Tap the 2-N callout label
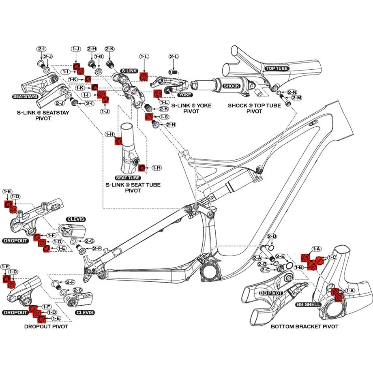[x=292, y=92]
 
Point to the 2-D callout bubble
[x=272, y=236]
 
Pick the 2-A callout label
[x=257, y=258]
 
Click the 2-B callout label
[x=262, y=264]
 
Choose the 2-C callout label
[x=266, y=270]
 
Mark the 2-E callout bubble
[x=281, y=256]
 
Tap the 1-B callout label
[x=299, y=268]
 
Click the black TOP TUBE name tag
[x=277, y=69]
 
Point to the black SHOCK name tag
[x=232, y=86]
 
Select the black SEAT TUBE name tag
[x=128, y=178]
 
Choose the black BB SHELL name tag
[x=309, y=304]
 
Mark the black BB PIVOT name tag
[x=271, y=292]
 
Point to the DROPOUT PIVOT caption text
[x=46, y=326]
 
